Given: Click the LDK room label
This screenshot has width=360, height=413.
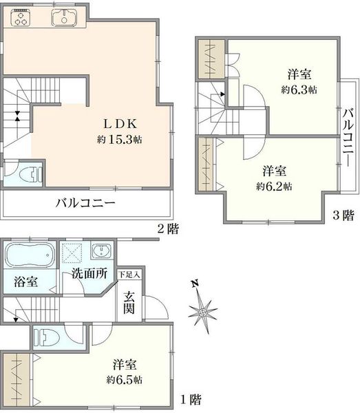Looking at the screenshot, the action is point(120,124).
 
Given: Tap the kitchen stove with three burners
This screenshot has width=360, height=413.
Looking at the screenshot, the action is point(21,18).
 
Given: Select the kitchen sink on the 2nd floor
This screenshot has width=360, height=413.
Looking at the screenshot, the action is point(64,17).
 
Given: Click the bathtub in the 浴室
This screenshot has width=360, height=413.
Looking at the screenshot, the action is point(30,255).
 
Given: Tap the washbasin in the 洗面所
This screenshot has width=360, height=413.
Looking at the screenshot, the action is point(102,251).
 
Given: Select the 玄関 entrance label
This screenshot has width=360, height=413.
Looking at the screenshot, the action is point(129,302).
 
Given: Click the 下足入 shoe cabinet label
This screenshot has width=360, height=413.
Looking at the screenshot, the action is point(129,275).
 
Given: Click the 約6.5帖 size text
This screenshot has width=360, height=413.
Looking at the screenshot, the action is point(125,380).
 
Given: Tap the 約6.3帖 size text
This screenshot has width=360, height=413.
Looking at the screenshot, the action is point(299,89).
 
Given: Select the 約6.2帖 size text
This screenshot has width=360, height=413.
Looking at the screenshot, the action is point(274,187).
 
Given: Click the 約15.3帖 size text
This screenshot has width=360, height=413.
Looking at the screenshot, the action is point(120,140).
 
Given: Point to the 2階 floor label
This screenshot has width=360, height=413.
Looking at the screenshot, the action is point(168,229).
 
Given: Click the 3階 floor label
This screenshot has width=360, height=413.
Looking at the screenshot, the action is point(343,215).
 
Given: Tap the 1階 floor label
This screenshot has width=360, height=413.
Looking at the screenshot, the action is point(191,399).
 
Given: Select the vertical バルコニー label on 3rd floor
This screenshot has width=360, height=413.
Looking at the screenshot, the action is point(348,137).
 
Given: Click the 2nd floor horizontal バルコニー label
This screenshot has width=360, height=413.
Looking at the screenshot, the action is point(85,203).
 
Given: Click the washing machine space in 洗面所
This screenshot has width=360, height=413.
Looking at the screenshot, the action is point(72,253).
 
